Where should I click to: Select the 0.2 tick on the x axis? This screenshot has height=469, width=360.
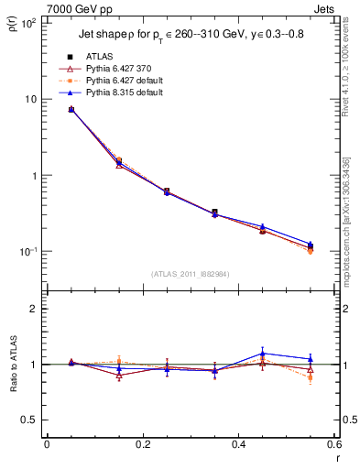coord(142,445)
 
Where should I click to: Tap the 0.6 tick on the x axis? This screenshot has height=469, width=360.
coord(333,445)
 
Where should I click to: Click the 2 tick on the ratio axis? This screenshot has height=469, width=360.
coord(32,309)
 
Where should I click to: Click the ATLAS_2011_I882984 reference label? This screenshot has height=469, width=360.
coord(190,274)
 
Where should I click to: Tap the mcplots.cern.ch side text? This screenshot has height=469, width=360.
coord(345,220)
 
